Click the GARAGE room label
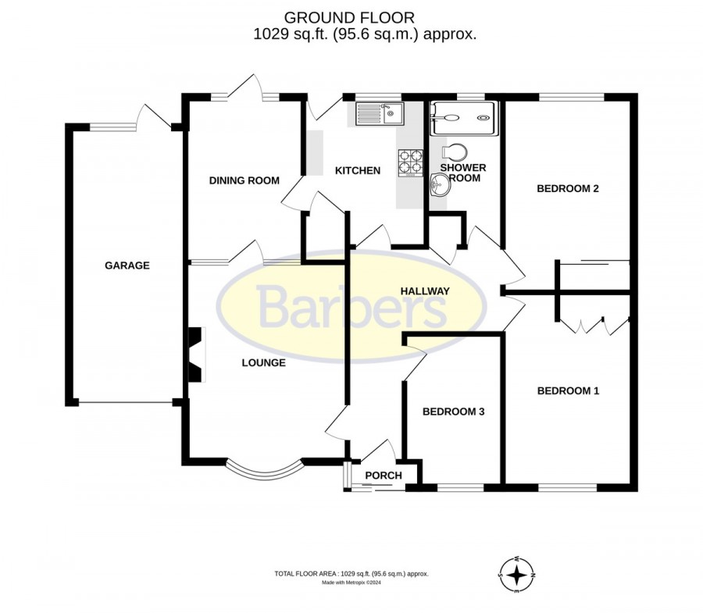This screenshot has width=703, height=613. [127, 266]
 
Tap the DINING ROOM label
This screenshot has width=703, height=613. [244, 180]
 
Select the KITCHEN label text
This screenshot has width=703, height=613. [358, 171]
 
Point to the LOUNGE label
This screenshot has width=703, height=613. [264, 362]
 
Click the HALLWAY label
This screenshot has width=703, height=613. [425, 291]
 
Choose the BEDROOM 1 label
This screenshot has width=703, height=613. [568, 390]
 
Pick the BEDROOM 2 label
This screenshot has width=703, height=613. [568, 189]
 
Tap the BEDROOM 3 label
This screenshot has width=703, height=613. [454, 412]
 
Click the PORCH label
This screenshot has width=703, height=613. [384, 476]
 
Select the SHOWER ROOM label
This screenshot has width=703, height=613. [463, 173]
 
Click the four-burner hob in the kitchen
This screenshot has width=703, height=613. [410, 162]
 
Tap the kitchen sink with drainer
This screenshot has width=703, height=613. [380, 113]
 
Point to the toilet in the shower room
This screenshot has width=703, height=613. [454, 152]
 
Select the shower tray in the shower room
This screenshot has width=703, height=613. [463, 118]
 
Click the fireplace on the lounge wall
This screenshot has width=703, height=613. [197, 355]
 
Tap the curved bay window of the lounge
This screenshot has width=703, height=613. [264, 472]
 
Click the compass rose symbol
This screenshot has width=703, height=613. [517, 575]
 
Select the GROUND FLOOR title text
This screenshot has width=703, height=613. [349, 18]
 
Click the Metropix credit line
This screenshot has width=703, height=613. [351, 583]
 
